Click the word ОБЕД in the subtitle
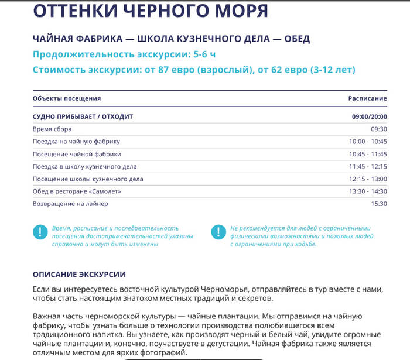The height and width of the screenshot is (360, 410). (x=293, y=39)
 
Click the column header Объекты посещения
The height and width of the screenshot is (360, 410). (x=67, y=98)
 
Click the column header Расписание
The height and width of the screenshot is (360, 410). (x=367, y=98)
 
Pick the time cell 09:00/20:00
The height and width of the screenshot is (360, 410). (x=369, y=116)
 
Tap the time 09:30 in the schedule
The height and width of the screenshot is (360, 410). (x=378, y=129)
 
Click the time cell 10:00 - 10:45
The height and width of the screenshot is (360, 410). (x=368, y=142)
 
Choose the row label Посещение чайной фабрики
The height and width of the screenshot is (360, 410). (x=77, y=154)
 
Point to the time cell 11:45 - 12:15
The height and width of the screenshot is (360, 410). (x=368, y=166)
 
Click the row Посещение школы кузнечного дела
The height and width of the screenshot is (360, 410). (x=88, y=179)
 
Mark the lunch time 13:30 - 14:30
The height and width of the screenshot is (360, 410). (x=368, y=191)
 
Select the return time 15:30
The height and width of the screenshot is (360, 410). (x=378, y=204)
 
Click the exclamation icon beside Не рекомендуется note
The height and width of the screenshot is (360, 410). (x=218, y=232)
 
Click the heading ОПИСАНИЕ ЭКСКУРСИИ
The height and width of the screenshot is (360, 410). (x=79, y=274)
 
